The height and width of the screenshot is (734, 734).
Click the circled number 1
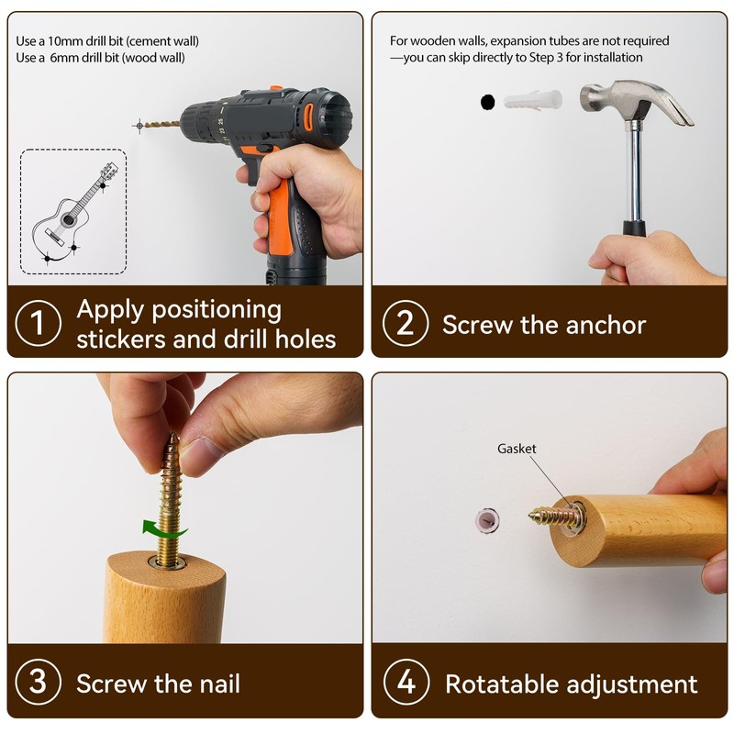point(39,323)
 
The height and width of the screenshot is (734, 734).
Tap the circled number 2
point(405,323)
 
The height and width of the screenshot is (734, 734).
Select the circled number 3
point(39,682)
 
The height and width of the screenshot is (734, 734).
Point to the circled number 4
point(405,683)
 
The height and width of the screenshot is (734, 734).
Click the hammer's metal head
point(632,103)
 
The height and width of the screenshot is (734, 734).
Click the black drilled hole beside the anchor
point(487,101)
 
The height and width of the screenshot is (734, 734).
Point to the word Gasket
point(517,449)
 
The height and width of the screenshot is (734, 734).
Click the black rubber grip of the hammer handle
point(633,229)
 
